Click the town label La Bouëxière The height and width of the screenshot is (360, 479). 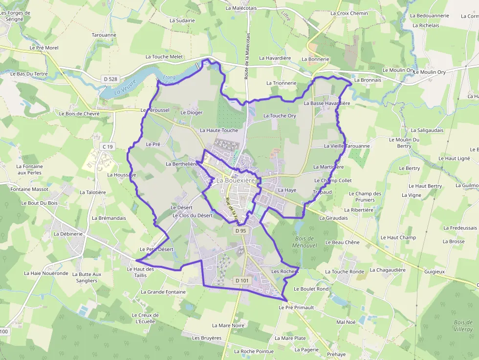pos(236,180)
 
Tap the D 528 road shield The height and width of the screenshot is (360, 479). pos(111,79)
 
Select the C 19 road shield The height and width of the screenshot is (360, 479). pos(108,147)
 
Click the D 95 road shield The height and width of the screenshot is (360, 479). pos(240,231)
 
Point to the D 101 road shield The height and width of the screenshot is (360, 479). pos(242,280)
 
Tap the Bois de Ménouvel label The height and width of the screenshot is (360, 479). pos(306,242)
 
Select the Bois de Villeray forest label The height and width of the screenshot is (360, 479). pos(463,326)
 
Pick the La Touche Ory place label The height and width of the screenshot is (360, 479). pos(280,116)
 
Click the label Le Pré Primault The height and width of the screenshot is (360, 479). pos(296,308)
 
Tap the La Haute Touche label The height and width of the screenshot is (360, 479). pos(219,130)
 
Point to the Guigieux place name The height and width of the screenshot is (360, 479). pos(435,271)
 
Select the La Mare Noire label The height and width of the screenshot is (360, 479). pos(228,325)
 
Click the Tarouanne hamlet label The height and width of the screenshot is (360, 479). pos(104,35)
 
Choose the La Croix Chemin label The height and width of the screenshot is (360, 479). pos(349,13)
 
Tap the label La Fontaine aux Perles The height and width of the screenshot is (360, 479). pos(30,169)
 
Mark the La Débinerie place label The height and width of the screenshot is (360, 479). pos(69,234)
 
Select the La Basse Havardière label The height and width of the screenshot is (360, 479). pos(327,104)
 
